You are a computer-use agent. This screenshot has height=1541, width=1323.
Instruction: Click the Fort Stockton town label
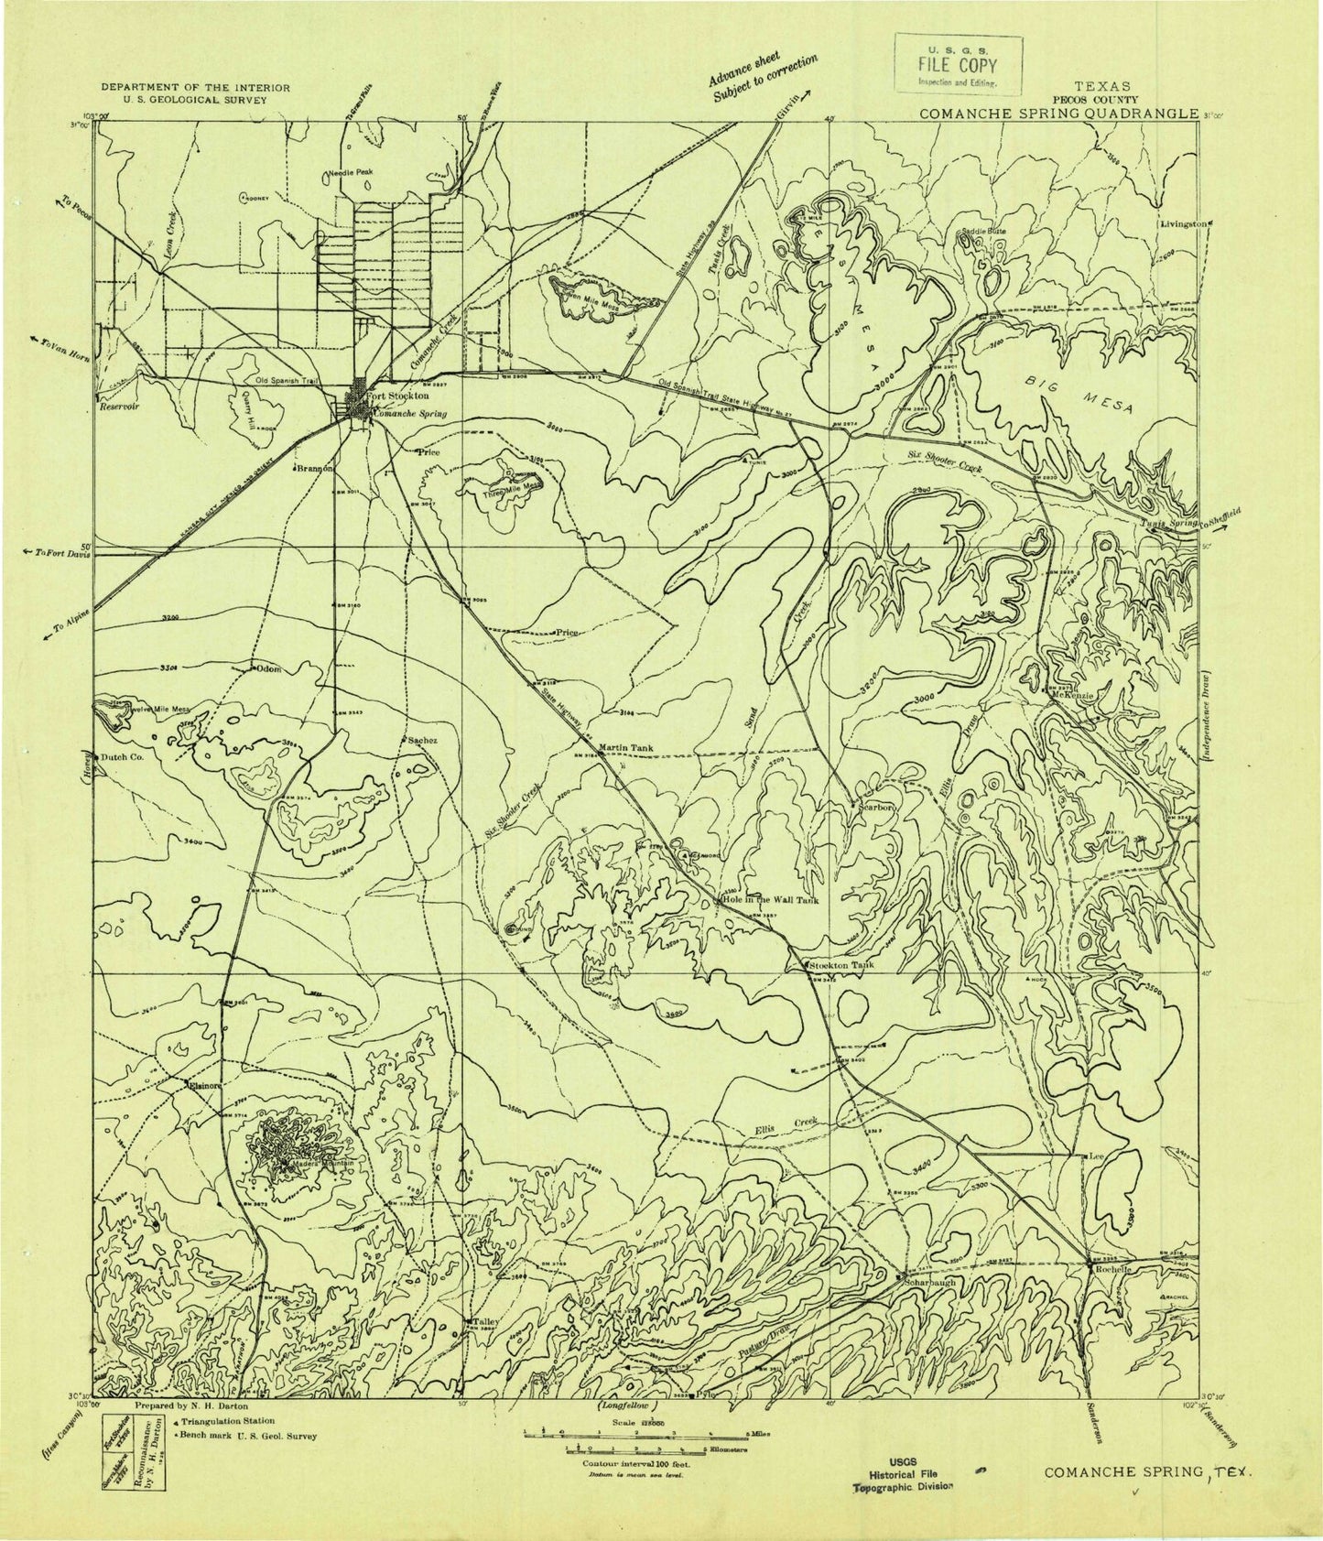[397, 396]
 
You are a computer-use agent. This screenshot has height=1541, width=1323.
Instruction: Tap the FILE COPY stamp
[957, 66]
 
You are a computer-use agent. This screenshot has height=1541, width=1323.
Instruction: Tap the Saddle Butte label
[983, 232]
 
